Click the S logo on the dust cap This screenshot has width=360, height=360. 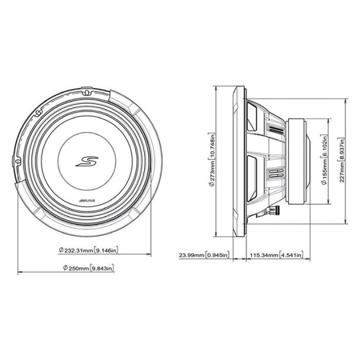[86, 162]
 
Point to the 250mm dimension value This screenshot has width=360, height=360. [79, 269]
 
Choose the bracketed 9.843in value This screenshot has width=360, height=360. [103, 269]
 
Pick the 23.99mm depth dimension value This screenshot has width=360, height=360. [191, 256]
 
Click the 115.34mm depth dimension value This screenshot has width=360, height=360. [264, 256]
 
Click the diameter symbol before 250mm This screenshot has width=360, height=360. [61, 269]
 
